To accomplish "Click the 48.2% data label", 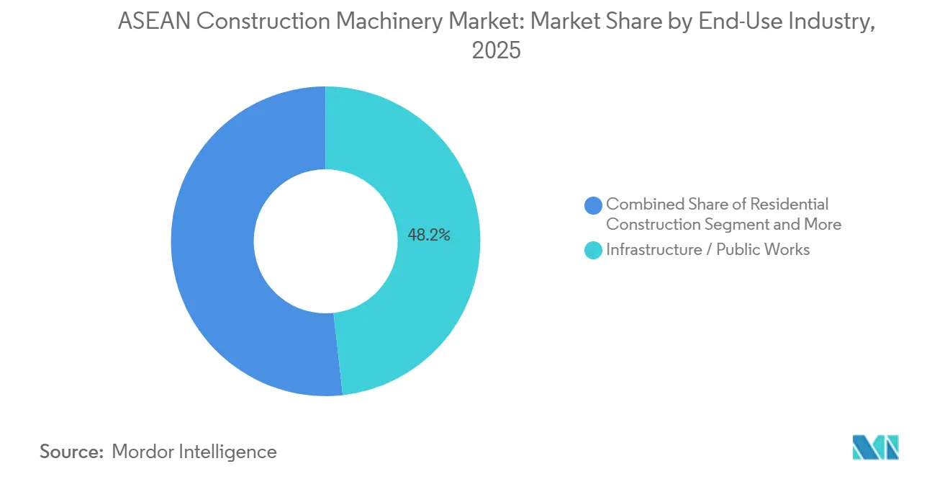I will [x=429, y=234].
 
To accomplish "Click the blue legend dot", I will [x=594, y=205].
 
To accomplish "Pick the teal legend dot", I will [x=594, y=251].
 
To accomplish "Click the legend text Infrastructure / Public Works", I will [x=707, y=250].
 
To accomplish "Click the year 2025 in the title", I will [x=496, y=50].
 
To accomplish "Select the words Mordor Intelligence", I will [x=194, y=452].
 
